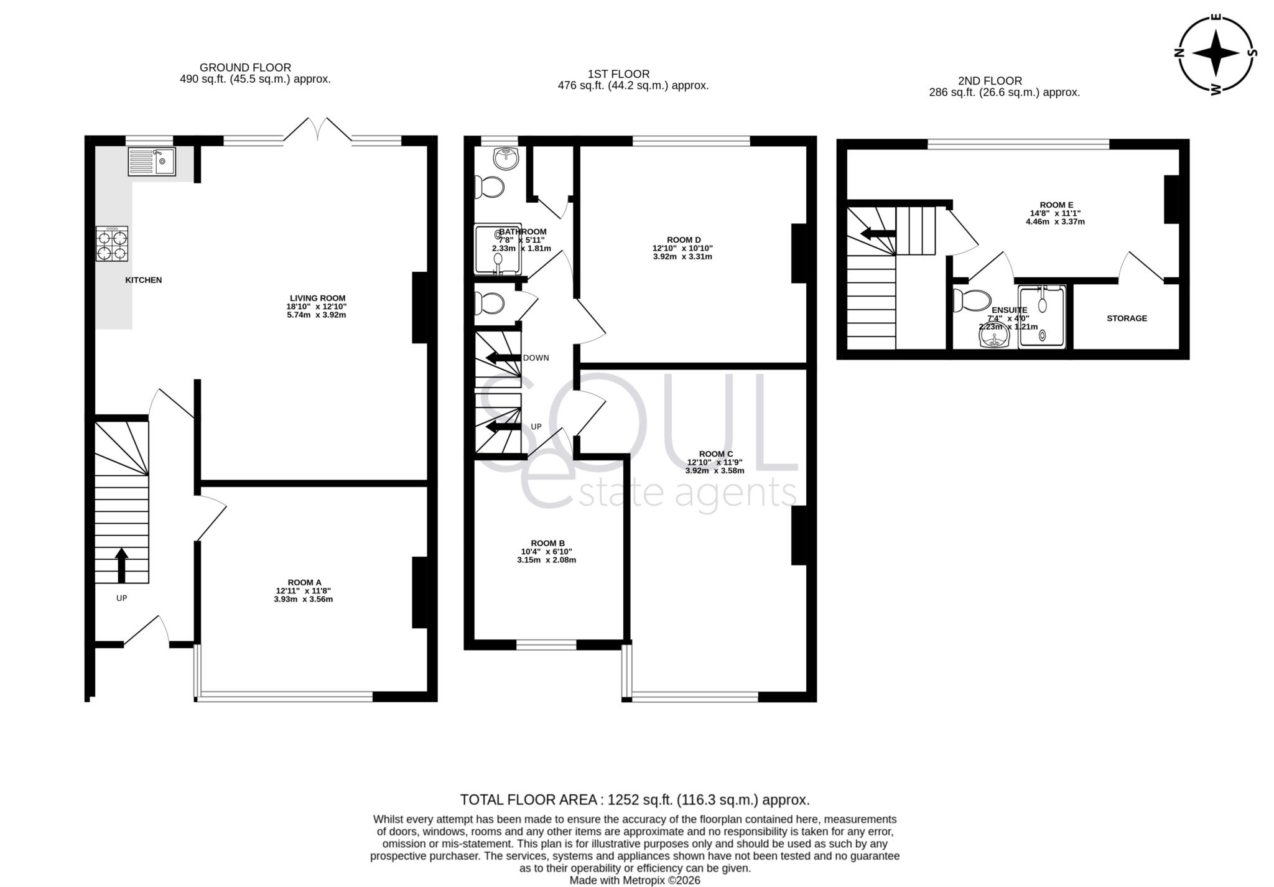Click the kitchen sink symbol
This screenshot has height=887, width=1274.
tap(152, 162)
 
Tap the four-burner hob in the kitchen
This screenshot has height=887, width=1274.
tap(112, 244)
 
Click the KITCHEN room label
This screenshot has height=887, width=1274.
tap(144, 281)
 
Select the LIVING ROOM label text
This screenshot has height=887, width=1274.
tap(317, 299)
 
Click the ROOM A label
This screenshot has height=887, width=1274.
tap(304, 583)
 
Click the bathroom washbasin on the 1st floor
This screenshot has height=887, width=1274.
tap(506, 159)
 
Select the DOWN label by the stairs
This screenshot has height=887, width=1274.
tap(536, 358)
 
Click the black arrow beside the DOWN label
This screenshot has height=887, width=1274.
tap(503, 358)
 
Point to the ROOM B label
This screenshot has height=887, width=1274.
tap(547, 544)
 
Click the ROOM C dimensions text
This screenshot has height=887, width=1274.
tap(715, 467)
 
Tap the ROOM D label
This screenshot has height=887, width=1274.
tap(684, 240)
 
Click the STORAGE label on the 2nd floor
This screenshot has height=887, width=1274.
tap(1127, 318)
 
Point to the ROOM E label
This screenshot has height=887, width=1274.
tap(1056, 205)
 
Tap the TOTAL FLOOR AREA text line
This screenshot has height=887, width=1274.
tap(635, 800)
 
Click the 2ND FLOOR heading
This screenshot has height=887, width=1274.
tap(990, 81)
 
